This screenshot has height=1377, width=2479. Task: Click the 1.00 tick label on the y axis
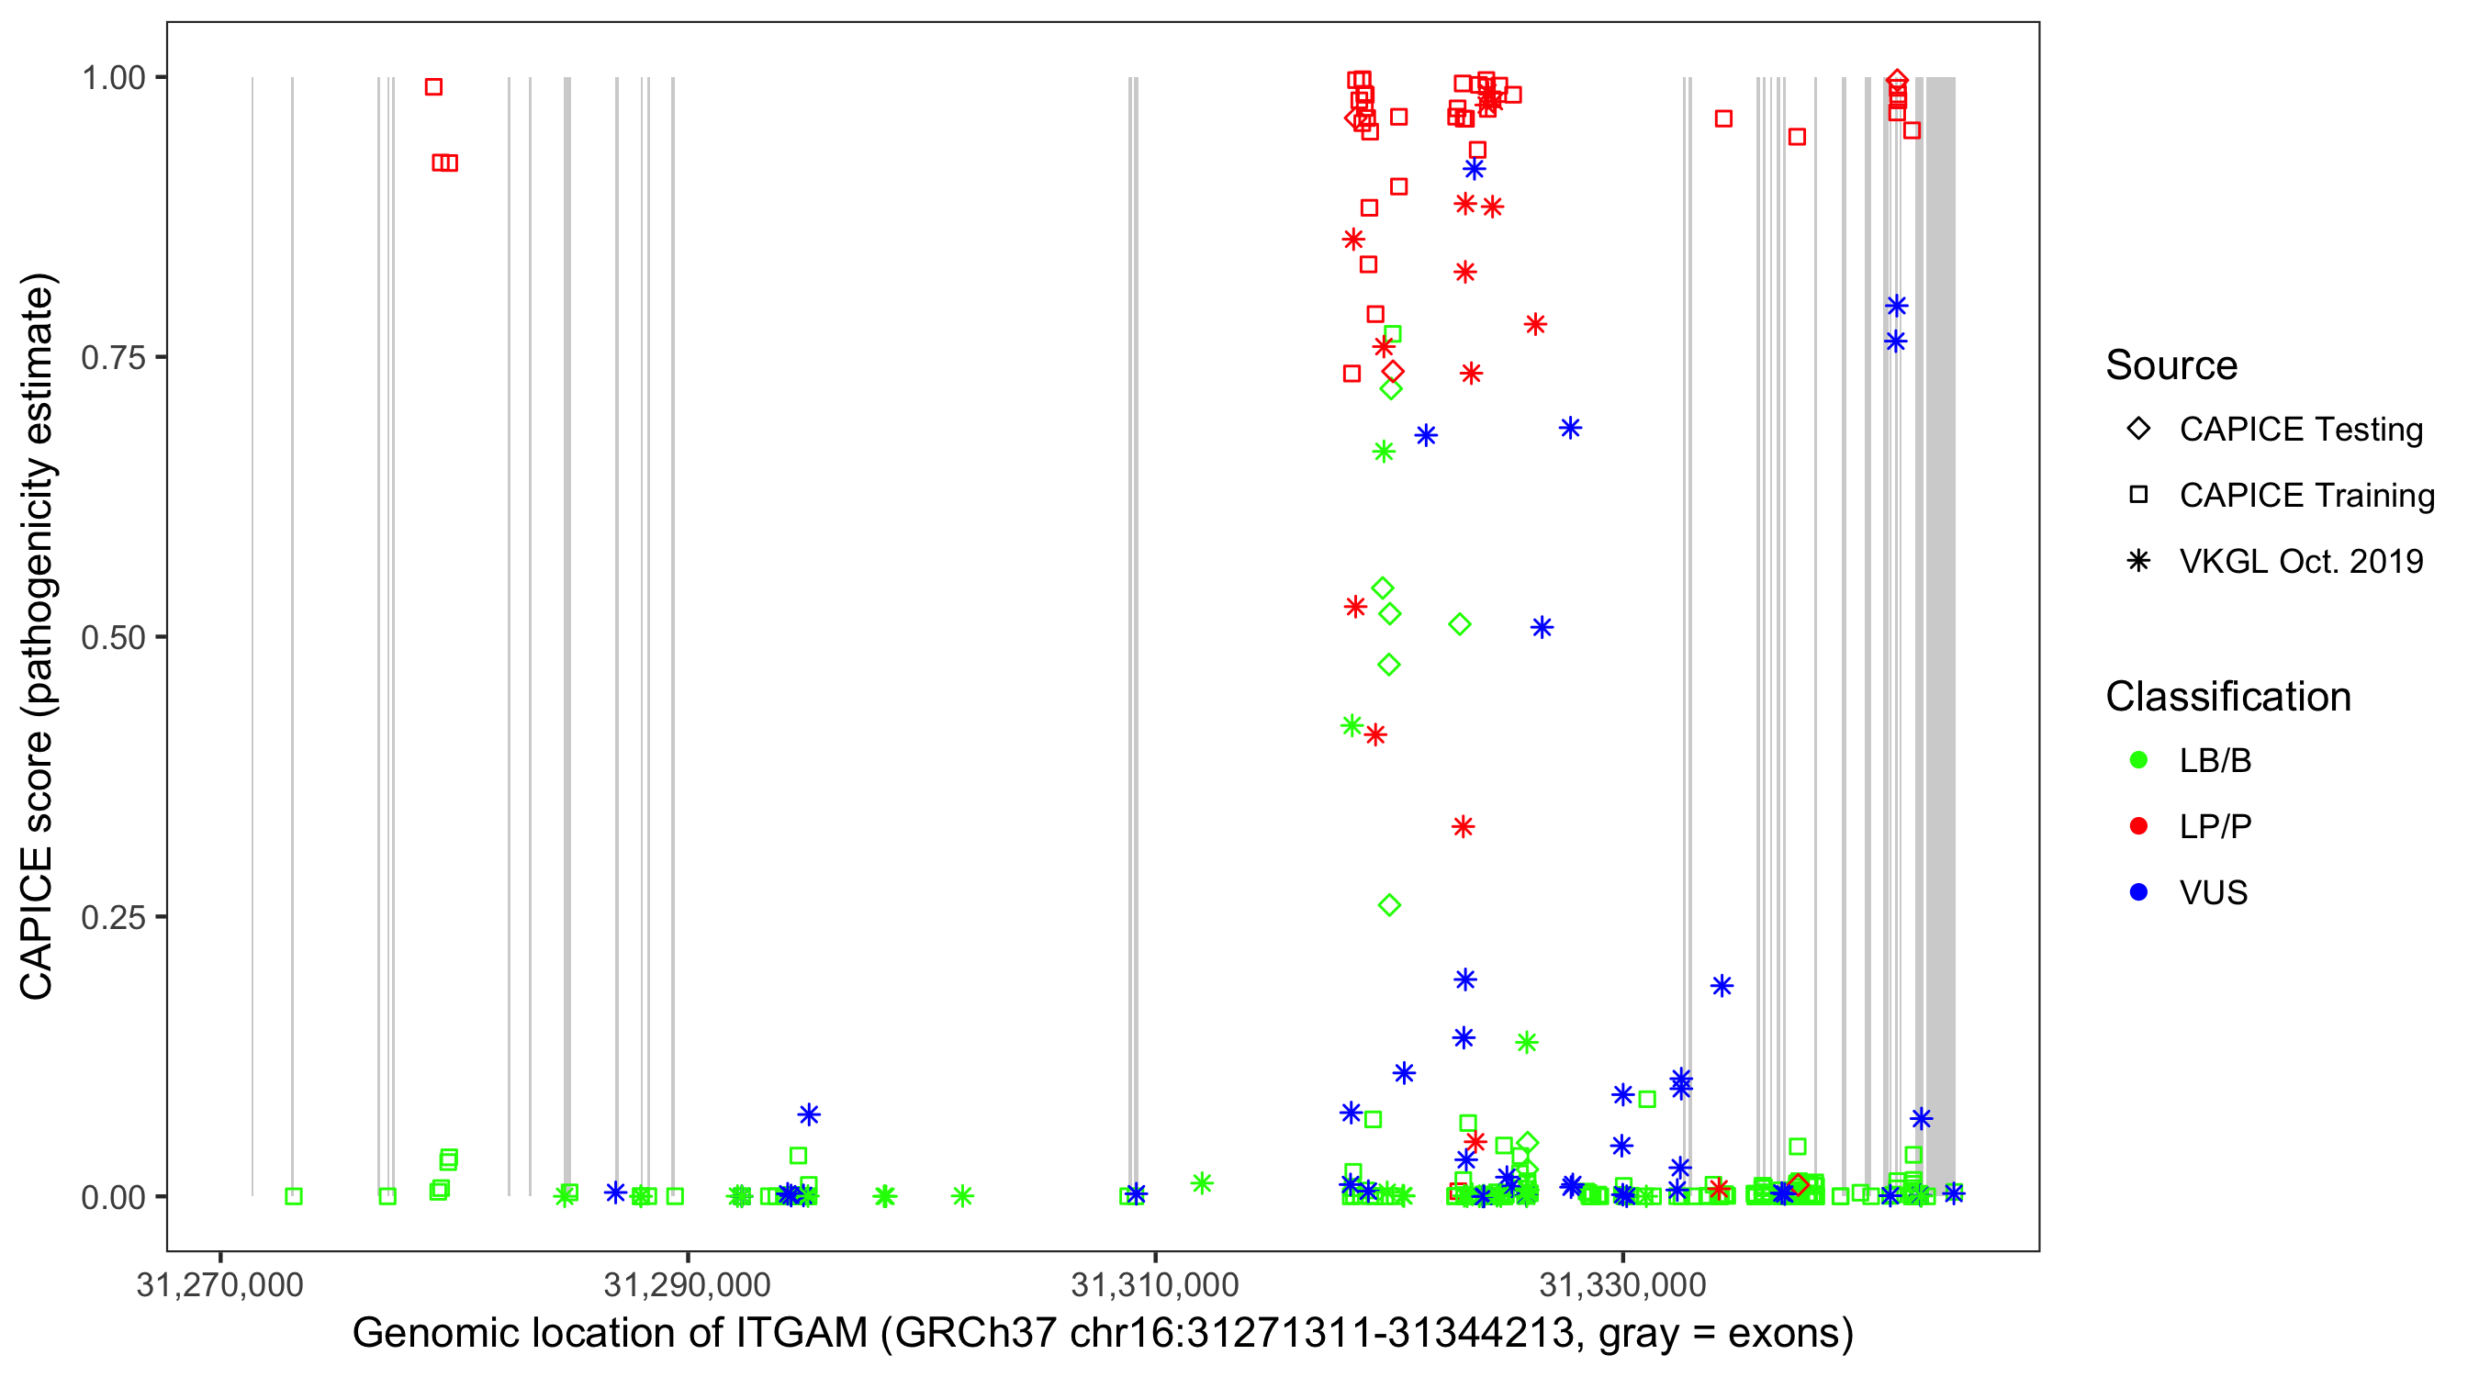112,78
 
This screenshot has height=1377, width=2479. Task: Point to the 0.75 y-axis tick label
112,358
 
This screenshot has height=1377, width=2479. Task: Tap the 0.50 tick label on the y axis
112,637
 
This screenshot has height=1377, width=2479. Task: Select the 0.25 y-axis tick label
112,917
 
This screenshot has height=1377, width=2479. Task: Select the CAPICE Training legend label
2306,496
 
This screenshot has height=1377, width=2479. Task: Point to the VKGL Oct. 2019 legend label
2301,561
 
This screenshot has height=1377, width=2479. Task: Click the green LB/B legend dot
2138,760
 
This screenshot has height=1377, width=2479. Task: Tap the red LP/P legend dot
2138,826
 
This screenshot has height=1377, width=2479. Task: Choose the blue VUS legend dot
2138,892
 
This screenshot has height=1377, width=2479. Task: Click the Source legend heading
2171,365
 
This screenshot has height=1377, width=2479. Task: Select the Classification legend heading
2227,697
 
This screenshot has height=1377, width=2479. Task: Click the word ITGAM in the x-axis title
802,1334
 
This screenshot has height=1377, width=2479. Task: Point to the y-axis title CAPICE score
37,866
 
